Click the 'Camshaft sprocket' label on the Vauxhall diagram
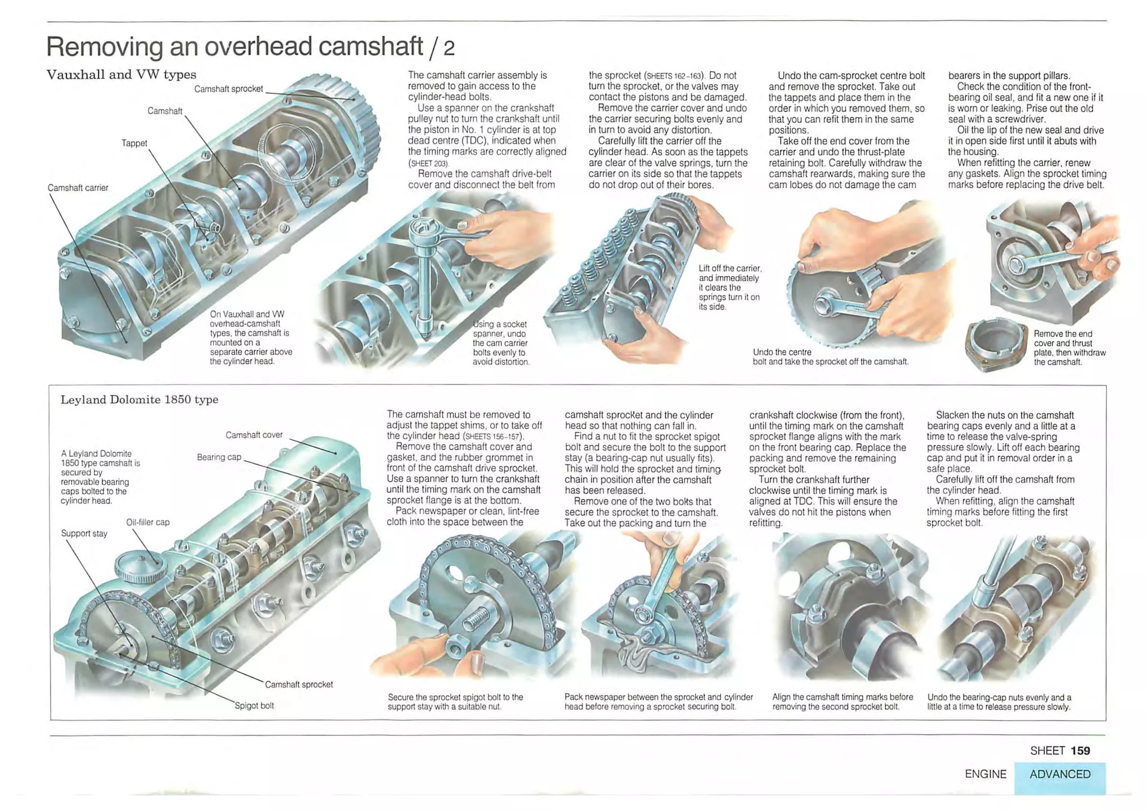tap(229, 89)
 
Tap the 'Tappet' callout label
tap(134, 143)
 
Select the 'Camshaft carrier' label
tap(78, 188)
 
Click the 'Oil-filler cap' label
tap(148, 522)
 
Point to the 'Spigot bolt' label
tap(254, 705)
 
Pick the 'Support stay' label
tap(84, 533)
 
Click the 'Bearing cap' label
tap(219, 457)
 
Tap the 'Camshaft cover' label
tap(254, 435)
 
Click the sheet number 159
tap(1080, 750)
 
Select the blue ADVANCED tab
tap(1060, 775)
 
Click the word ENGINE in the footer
tap(985, 774)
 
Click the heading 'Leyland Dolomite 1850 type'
tap(139, 400)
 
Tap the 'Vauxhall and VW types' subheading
tap(121, 75)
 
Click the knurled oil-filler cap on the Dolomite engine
tap(141, 567)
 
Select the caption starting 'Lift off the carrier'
tap(730, 288)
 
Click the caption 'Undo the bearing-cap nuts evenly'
tap(999, 702)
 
